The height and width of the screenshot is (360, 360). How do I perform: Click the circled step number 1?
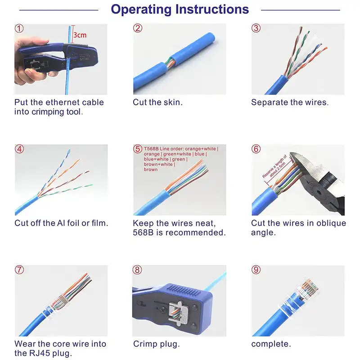(x=19, y=28)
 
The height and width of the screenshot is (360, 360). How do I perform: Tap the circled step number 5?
(x=137, y=149)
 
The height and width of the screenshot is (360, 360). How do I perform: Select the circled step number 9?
(x=256, y=270)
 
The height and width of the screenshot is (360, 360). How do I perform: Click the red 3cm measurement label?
(x=80, y=35)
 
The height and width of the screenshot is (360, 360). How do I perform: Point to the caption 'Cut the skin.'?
(x=157, y=102)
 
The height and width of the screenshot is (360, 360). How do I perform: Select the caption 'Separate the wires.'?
(x=289, y=102)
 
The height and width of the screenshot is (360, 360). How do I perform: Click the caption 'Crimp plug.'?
(x=156, y=344)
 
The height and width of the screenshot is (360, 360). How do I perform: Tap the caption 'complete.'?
(x=271, y=344)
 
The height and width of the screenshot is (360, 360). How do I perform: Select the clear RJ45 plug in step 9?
(x=302, y=292)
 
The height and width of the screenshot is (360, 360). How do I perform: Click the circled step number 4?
(x=19, y=149)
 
